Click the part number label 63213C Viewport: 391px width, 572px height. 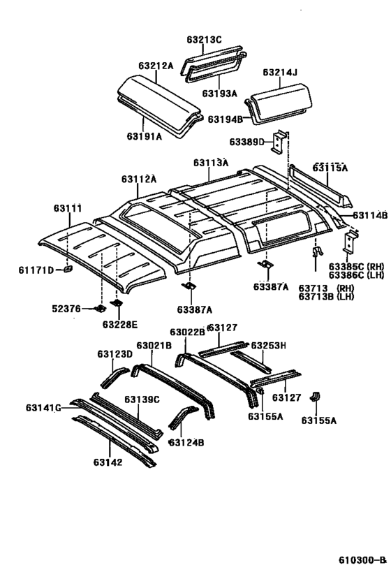(204, 40)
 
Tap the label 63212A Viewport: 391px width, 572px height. (155, 66)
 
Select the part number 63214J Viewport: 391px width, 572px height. (280, 72)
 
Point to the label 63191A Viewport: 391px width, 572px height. (144, 136)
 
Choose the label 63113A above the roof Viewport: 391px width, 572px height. (212, 163)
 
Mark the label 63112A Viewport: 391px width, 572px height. (138, 179)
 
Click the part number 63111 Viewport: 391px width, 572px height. (68, 208)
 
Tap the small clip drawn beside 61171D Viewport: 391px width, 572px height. (67, 268)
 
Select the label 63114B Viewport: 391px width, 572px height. (369, 216)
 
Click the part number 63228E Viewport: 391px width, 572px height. (120, 324)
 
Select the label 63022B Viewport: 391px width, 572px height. (187, 332)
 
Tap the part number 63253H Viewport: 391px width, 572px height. (269, 345)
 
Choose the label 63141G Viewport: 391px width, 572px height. (43, 408)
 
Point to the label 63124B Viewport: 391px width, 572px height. (186, 442)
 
